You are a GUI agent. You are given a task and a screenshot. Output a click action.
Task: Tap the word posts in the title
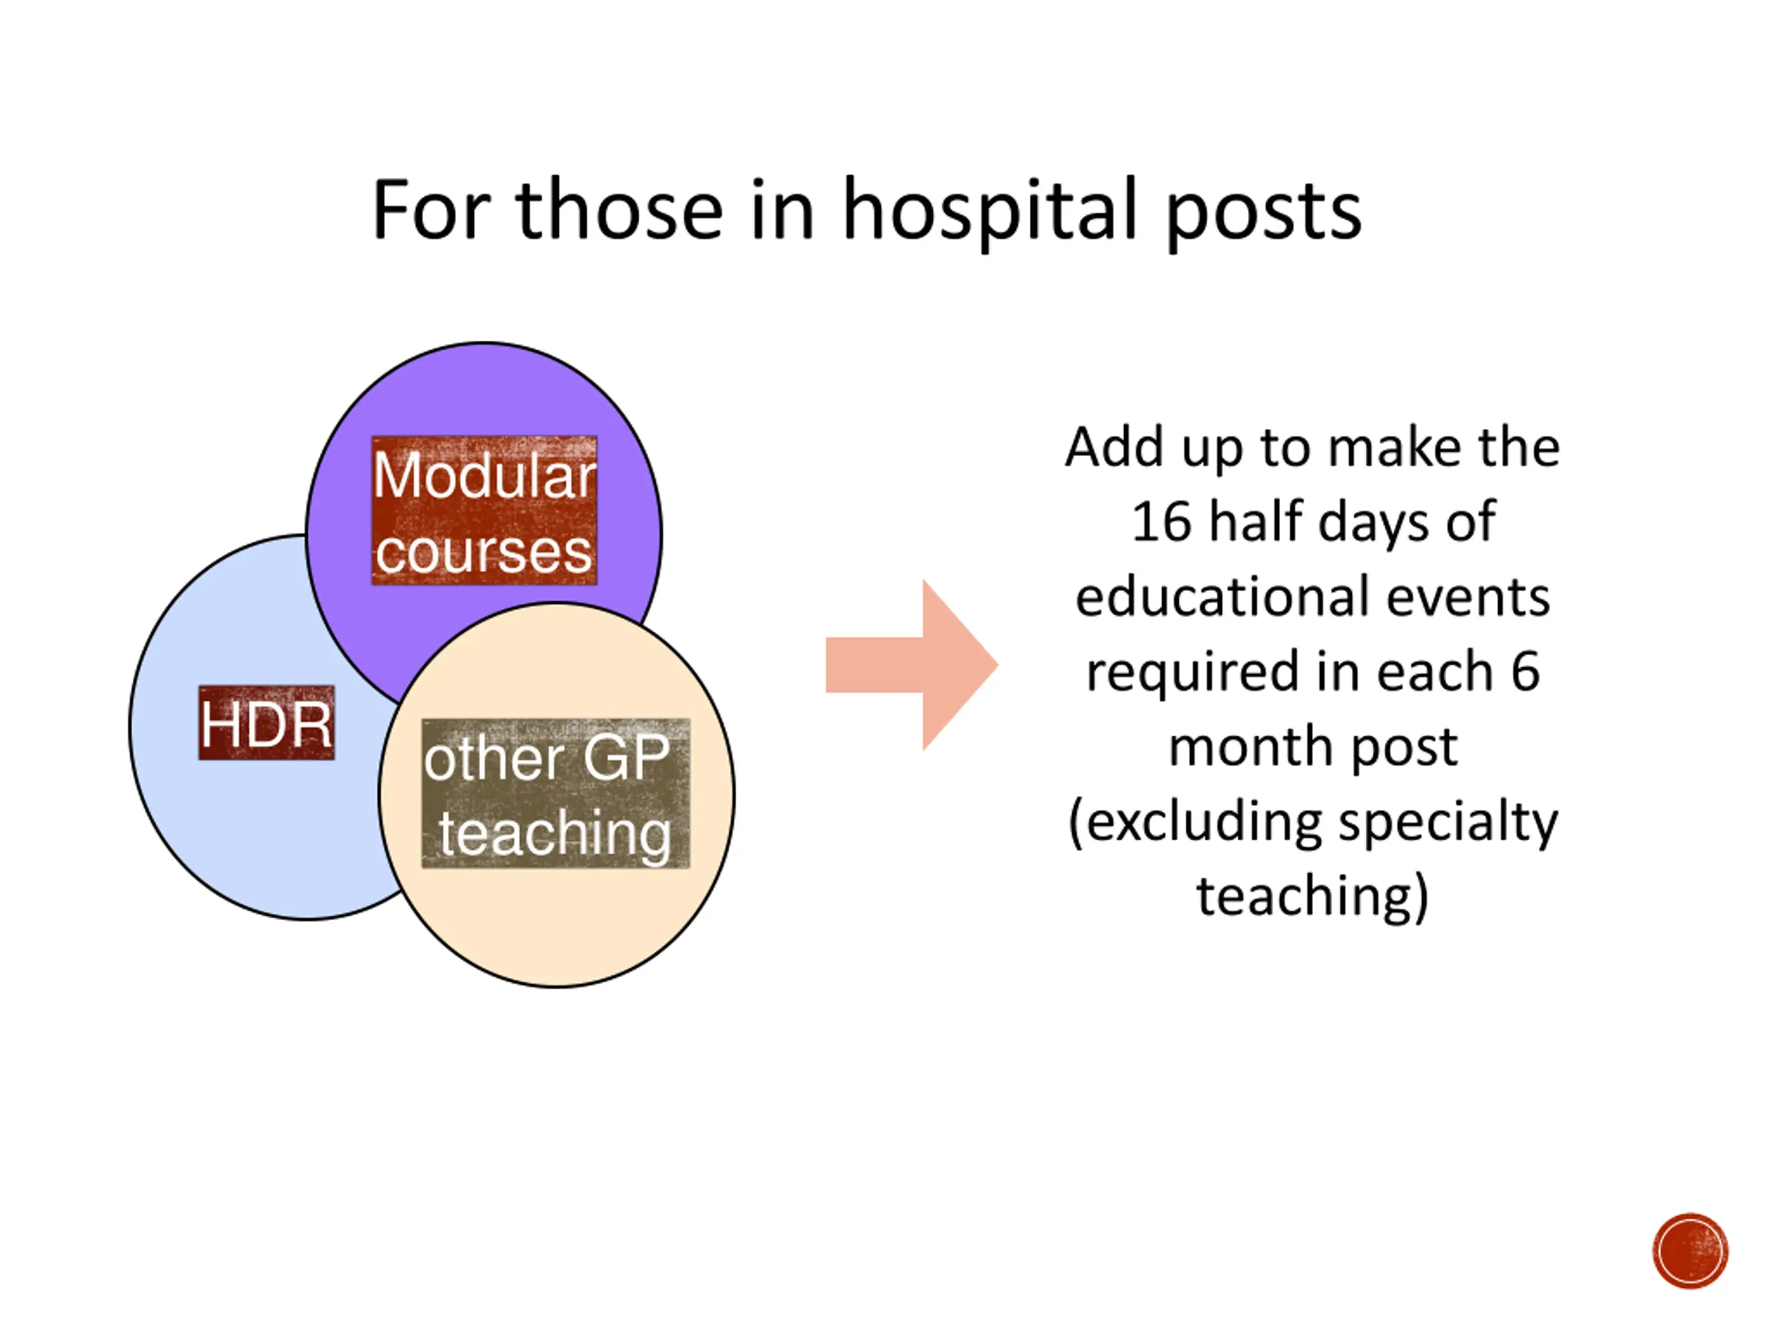(x=1263, y=211)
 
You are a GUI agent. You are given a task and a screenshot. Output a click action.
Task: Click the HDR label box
(x=266, y=723)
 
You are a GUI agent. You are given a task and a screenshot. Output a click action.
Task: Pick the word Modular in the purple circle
(x=484, y=475)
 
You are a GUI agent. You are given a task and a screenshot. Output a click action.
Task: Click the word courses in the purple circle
(x=484, y=551)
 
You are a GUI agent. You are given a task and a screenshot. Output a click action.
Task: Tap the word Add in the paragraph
(x=1114, y=447)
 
